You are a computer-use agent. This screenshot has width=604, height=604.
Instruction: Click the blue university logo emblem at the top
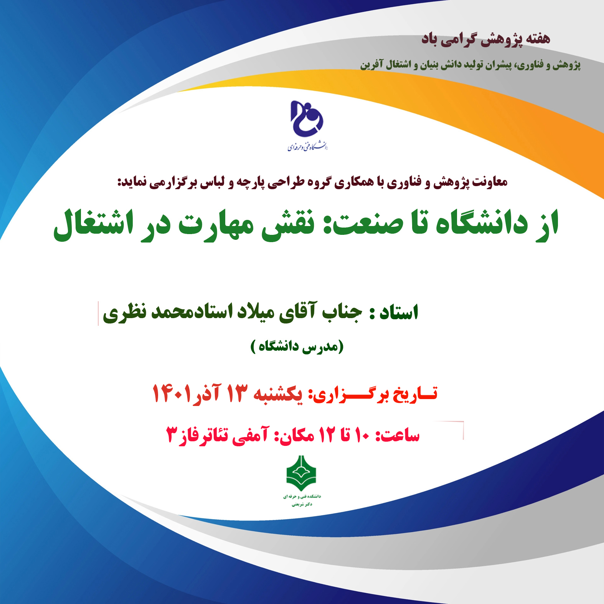click(x=307, y=119)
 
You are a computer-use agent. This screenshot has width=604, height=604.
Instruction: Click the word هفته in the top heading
click(x=537, y=38)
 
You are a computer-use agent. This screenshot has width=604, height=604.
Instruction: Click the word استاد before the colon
click(x=399, y=312)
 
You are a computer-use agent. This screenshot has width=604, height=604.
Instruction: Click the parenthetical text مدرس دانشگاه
click(x=297, y=347)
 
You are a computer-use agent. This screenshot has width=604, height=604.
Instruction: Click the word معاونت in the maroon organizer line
click(x=490, y=182)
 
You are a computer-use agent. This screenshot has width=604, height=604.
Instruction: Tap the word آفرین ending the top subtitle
click(x=371, y=64)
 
